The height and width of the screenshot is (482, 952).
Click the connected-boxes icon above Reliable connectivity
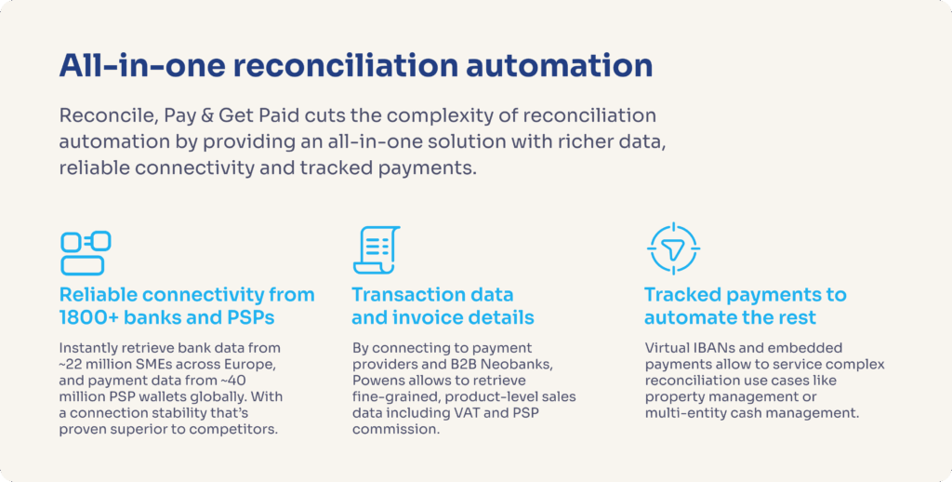(x=86, y=252)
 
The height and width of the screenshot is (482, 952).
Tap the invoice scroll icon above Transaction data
(x=376, y=250)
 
